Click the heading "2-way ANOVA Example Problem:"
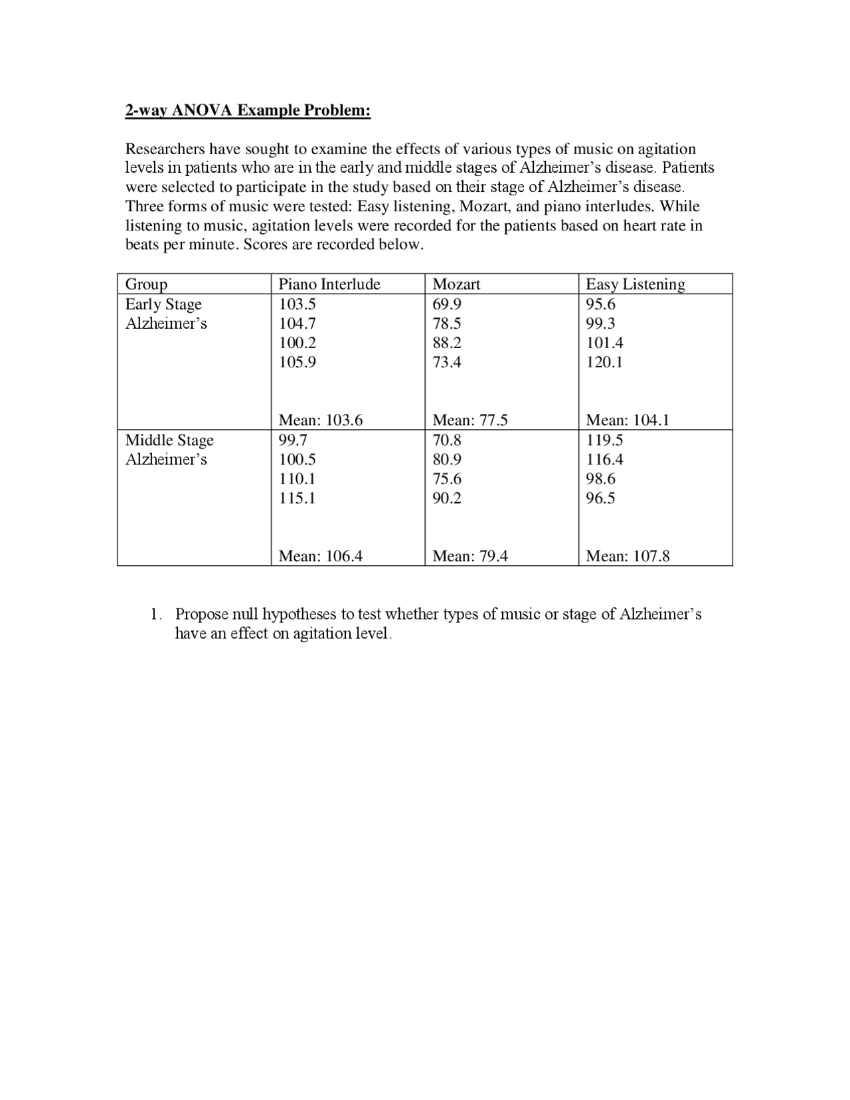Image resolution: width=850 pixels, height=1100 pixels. point(248,110)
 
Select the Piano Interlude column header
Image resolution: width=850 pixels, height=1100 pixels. point(329,284)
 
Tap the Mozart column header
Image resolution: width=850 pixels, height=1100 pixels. point(456,284)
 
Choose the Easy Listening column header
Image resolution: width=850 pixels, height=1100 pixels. point(635,284)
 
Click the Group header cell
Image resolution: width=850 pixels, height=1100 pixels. point(146,284)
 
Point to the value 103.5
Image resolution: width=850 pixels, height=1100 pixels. point(297,304)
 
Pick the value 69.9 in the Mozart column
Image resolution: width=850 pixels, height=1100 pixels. point(446,304)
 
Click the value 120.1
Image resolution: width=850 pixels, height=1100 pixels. point(604,362)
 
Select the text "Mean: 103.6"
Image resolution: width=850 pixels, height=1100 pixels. point(321,420)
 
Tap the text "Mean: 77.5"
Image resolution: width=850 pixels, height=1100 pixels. point(470,420)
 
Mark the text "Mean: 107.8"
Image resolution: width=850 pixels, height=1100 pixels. point(628,556)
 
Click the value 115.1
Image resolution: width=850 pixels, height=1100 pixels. point(297,498)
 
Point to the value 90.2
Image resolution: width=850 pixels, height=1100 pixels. point(446,498)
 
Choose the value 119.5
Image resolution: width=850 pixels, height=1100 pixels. point(604,440)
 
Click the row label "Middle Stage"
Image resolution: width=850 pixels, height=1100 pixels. point(169,440)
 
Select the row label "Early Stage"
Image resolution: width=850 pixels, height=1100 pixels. point(163,304)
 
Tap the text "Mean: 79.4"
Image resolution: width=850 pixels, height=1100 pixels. point(470,556)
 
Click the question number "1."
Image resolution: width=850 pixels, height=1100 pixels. point(155,614)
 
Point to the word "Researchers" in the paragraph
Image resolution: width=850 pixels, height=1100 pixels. point(165,149)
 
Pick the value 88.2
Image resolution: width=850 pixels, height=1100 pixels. point(446,343)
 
